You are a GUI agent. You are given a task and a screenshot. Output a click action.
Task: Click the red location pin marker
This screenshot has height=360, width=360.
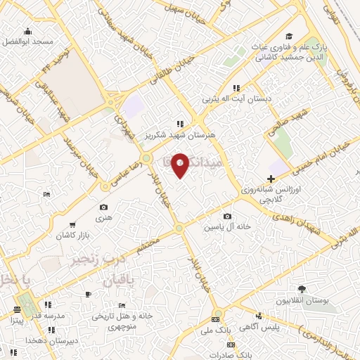180,164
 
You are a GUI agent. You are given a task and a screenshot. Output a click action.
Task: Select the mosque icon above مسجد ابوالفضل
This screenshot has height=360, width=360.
27,31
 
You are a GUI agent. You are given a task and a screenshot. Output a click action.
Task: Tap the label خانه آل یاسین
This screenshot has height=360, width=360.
228,227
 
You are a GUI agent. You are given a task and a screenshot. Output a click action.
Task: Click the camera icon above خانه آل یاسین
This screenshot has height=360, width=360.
227,217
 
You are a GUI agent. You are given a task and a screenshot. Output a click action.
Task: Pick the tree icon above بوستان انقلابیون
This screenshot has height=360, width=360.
302,289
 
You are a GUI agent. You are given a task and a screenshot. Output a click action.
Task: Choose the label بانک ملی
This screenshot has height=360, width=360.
216,329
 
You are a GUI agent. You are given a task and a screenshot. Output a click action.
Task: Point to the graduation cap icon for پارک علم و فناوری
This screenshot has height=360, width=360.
288,37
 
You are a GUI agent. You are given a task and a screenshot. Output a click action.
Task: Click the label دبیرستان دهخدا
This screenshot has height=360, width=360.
26,340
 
